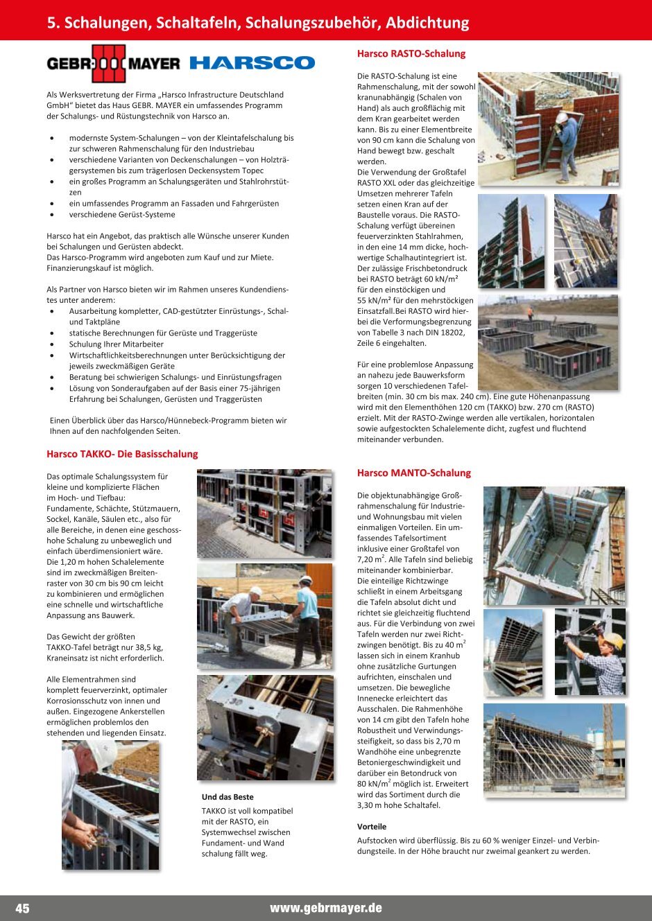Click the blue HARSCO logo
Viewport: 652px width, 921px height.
(x=252, y=63)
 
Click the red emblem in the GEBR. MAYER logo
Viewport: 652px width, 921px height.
(x=109, y=64)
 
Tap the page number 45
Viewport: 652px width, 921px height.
(x=22, y=908)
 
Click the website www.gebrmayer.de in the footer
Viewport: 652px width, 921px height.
(x=326, y=908)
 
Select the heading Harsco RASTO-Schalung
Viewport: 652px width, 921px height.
(x=411, y=53)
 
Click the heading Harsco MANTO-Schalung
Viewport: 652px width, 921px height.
(x=414, y=473)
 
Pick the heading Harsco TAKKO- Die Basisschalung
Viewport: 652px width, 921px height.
(x=122, y=454)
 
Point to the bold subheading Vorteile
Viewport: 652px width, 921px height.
(x=372, y=827)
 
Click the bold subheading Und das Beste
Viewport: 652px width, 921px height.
(x=228, y=797)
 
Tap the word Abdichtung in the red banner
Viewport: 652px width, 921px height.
(x=427, y=23)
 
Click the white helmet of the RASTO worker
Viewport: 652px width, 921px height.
(x=561, y=118)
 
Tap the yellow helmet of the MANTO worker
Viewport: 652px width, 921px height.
(x=612, y=640)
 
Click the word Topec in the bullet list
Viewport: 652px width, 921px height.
(x=252, y=170)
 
